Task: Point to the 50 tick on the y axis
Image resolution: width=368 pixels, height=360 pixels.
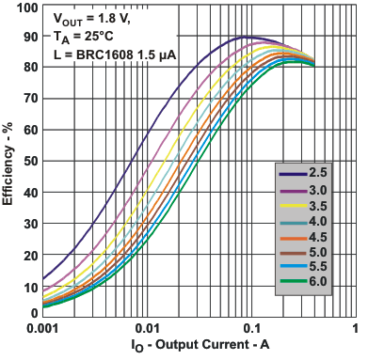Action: [28, 161]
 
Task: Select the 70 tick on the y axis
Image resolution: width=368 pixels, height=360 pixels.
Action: [28, 99]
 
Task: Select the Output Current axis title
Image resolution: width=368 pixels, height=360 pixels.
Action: [199, 348]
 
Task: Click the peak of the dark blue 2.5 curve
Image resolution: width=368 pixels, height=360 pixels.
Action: [247, 38]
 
